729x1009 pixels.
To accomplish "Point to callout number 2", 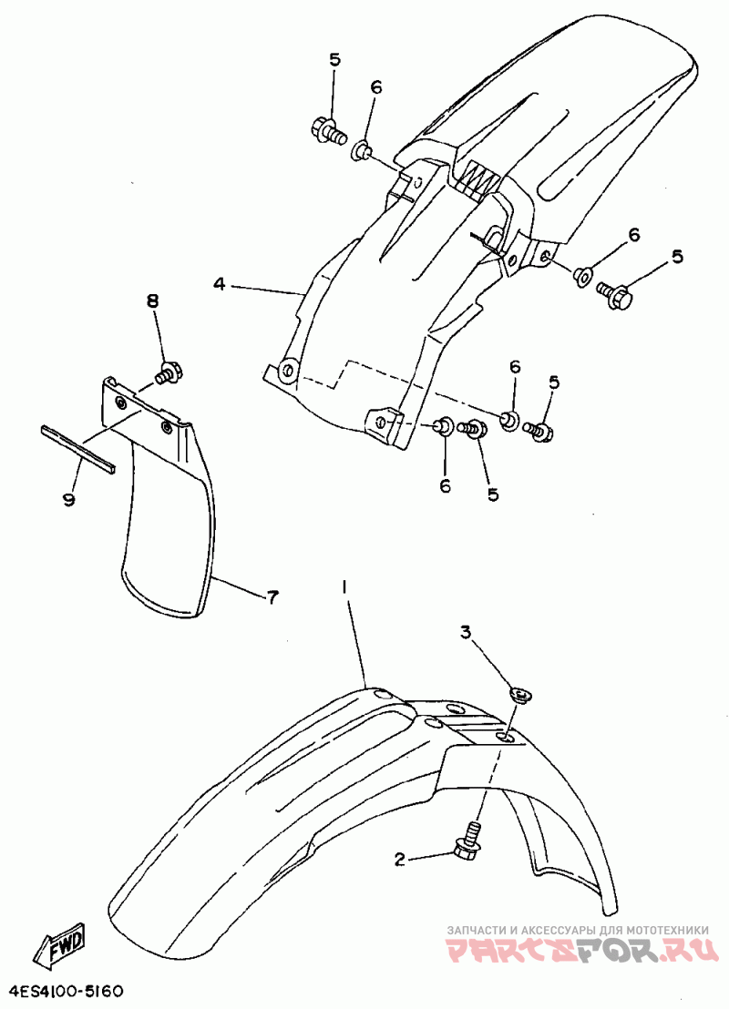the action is (x=400, y=859).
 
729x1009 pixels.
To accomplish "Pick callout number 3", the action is (x=466, y=633).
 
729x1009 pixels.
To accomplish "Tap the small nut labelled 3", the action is (x=520, y=694).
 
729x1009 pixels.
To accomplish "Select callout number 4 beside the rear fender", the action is (x=220, y=284).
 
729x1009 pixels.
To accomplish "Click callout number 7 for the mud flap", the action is (x=273, y=597).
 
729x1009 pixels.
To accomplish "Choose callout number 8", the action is (x=152, y=301).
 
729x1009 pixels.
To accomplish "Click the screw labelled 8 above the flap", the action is (x=170, y=372).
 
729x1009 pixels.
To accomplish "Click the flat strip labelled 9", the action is (x=78, y=449).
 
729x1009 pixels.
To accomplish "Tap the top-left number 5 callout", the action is (x=334, y=60).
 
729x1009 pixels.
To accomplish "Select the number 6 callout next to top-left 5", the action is (x=376, y=87).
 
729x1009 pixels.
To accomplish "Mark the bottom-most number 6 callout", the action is (x=445, y=486).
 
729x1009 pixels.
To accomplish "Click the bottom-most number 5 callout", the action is (x=493, y=494).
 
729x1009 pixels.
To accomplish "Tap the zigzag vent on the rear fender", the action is (x=479, y=172).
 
